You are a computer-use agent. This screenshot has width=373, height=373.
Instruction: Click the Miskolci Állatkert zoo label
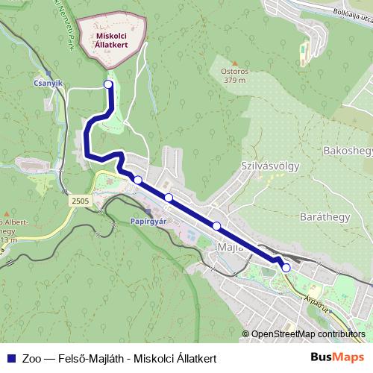click(111, 39)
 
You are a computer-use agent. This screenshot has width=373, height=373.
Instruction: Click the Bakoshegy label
click(347, 151)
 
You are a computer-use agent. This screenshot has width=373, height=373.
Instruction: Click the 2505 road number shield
click(81, 201)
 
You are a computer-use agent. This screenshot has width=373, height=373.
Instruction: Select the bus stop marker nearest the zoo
click(109, 85)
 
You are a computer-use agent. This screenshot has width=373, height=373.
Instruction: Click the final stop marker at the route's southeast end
click(286, 267)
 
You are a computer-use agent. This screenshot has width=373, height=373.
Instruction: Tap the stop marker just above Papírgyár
click(138, 179)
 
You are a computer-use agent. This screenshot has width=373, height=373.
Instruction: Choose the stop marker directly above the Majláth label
click(216, 225)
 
